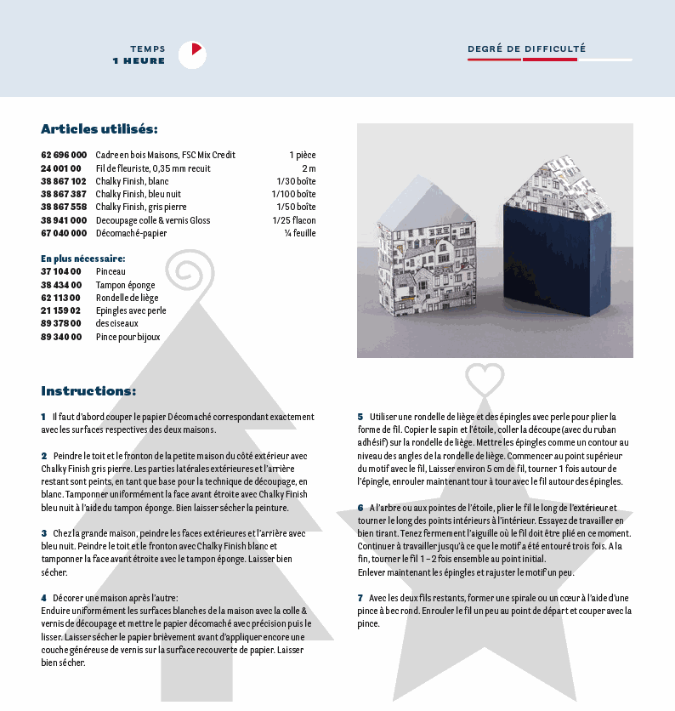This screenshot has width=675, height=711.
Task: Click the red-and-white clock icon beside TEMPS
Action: point(192,54)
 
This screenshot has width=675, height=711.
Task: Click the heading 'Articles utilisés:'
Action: point(99,129)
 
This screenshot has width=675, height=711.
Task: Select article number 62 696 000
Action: point(64,155)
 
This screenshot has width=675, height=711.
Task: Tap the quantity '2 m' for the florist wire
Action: point(308,168)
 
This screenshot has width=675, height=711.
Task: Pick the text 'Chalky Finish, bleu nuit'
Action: point(138,194)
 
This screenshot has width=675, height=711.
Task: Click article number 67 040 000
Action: point(64,233)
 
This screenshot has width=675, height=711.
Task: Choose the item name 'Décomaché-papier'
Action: point(131,233)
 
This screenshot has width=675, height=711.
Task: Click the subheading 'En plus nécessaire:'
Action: point(83,258)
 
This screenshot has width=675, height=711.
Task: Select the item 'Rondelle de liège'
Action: point(127,298)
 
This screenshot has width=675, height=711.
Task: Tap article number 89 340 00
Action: point(61,337)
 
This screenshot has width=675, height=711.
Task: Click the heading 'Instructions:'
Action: point(88,391)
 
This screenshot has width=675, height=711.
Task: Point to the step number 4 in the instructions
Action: point(43,598)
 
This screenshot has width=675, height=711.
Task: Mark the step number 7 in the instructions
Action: point(360,598)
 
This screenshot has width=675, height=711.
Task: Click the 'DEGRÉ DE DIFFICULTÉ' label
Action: point(526,49)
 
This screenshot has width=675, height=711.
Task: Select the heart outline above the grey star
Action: point(485,376)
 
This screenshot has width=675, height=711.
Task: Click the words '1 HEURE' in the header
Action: point(139,61)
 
